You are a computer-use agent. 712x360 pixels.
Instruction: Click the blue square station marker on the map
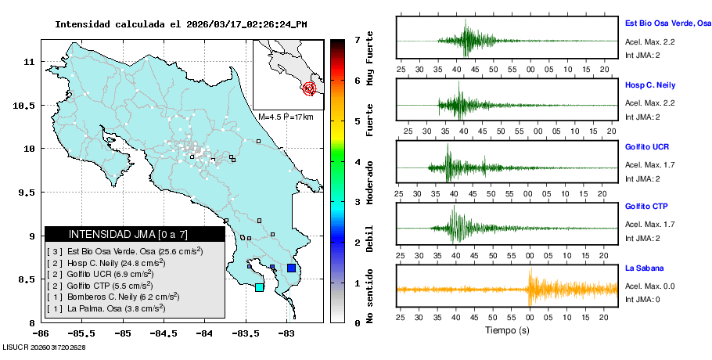click(291, 268)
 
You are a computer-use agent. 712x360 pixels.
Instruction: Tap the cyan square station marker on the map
click(260, 287)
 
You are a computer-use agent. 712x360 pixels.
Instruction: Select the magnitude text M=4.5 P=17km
click(286, 117)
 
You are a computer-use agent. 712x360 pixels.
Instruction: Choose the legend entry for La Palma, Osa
click(106, 308)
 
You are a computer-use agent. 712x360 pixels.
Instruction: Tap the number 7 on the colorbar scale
click(357, 39)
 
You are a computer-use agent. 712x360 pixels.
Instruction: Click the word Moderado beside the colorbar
click(370, 181)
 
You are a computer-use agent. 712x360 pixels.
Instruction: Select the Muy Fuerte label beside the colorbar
click(370, 59)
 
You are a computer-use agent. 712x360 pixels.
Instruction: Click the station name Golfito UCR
click(646, 147)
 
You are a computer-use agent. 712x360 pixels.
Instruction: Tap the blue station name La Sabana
click(643, 268)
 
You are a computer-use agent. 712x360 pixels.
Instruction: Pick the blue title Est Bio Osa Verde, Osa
click(667, 24)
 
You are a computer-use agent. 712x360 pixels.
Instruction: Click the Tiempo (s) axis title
click(507, 330)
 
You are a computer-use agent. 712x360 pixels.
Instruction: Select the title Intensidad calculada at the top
click(181, 24)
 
